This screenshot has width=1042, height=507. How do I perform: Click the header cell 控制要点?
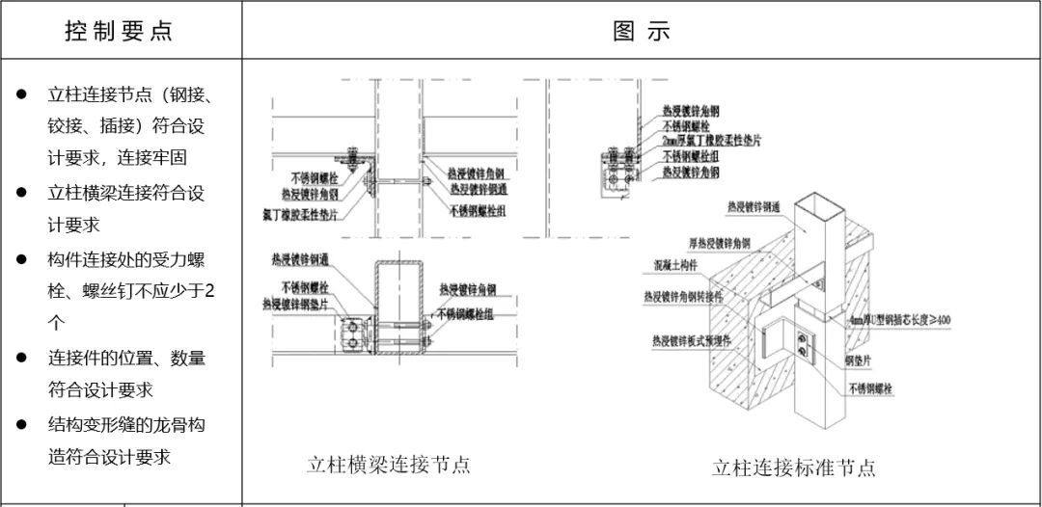[120, 30]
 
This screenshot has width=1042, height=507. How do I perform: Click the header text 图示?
[641, 30]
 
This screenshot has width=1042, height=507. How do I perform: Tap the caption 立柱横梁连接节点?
[388, 465]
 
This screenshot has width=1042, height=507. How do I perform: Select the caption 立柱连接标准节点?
[794, 468]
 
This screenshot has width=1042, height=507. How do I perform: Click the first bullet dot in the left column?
[21, 94]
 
